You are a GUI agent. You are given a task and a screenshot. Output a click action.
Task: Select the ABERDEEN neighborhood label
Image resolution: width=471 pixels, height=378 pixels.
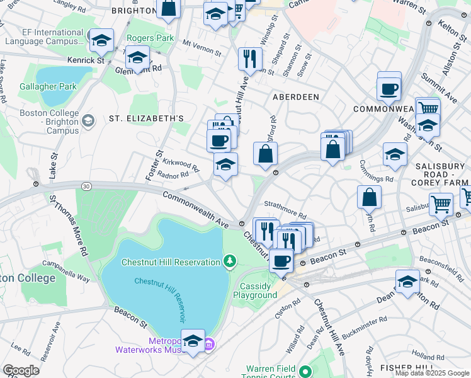click(295, 96)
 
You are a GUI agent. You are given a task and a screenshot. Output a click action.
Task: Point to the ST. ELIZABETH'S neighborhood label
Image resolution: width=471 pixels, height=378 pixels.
click(146, 118)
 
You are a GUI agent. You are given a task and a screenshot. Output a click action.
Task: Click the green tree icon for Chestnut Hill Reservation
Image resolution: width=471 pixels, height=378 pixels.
click(230, 261)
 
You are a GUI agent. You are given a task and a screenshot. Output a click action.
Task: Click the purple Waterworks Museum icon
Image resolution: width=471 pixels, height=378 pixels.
click(210, 344)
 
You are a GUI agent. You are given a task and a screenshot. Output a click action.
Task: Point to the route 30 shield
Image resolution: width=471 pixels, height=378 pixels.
click(86, 185)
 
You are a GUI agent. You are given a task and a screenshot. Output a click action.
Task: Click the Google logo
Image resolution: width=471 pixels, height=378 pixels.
click(21, 370)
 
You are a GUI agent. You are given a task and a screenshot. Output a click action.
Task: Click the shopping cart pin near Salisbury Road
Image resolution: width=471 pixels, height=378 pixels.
click(441, 203)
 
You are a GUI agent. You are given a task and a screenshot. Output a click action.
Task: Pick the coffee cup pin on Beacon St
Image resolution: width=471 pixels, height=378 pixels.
click(281, 260)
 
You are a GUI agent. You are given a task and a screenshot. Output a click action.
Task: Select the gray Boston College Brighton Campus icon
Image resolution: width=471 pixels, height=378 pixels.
click(89, 120)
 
